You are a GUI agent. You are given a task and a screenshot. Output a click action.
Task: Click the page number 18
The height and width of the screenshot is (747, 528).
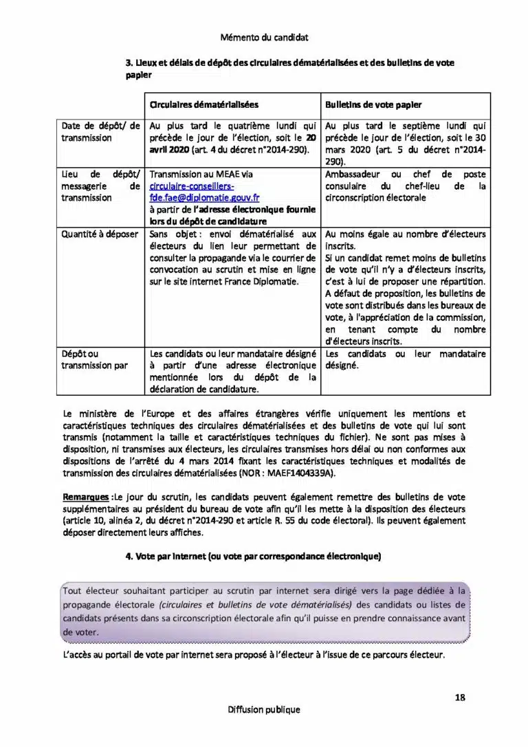(x=460, y=698)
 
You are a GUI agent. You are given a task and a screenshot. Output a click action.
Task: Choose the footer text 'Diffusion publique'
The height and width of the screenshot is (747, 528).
(x=264, y=710)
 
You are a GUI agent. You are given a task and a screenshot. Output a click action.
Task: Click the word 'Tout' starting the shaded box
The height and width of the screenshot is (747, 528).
(x=72, y=590)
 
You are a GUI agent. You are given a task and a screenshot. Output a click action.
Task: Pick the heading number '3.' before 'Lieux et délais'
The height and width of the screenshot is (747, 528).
(x=129, y=63)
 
